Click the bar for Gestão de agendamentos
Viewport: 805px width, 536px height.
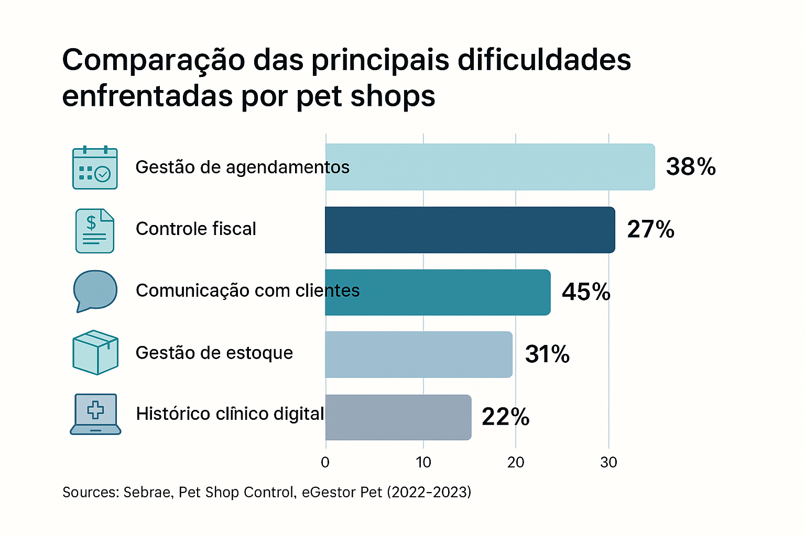tap(490, 167)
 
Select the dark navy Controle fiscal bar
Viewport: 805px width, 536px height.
tap(470, 230)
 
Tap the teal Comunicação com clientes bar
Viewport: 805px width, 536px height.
tap(438, 292)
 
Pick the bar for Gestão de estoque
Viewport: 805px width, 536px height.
tap(418, 354)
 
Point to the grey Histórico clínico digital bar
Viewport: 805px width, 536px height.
tap(398, 417)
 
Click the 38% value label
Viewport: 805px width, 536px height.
tap(691, 167)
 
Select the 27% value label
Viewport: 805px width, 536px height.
tap(650, 230)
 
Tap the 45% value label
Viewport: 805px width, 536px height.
tap(586, 292)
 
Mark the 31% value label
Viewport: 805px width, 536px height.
tap(547, 354)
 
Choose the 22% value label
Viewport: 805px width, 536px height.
tap(505, 417)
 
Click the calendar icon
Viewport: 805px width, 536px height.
tap(95, 167)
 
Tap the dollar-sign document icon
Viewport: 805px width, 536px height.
tap(95, 230)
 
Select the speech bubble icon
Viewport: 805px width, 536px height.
tap(95, 291)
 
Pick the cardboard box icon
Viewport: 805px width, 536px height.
tap(95, 352)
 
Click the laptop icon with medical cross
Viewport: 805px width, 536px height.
tap(95, 414)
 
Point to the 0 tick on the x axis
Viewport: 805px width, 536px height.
tap(325, 462)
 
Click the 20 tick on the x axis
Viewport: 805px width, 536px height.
tap(516, 462)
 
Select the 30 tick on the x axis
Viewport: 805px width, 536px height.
tap(608, 462)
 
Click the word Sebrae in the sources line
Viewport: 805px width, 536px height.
tap(147, 493)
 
